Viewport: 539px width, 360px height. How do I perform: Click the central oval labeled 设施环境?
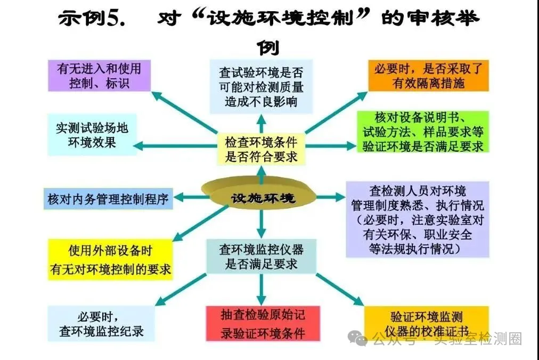(x=258, y=194)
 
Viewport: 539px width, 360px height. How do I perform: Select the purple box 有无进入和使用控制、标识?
(x=100, y=76)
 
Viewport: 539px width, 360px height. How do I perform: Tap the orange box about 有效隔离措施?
(x=428, y=76)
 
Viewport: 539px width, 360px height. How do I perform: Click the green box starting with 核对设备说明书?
(x=423, y=132)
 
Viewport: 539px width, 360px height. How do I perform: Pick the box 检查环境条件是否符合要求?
(x=262, y=150)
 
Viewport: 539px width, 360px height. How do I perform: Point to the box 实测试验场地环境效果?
(x=92, y=135)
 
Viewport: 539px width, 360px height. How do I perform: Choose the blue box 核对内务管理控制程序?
(x=108, y=199)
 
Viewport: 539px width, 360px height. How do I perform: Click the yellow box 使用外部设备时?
(x=110, y=259)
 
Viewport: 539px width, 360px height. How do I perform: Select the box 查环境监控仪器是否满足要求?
(x=262, y=257)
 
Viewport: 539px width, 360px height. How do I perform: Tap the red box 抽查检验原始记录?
(x=263, y=324)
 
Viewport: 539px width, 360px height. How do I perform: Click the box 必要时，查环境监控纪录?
(x=101, y=324)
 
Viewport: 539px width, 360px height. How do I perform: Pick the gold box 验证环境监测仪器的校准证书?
(x=426, y=323)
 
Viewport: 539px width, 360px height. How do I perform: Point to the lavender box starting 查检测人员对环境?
(x=418, y=219)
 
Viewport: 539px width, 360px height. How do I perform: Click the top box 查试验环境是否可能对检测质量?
(x=262, y=87)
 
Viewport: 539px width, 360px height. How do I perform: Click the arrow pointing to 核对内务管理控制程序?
(x=191, y=198)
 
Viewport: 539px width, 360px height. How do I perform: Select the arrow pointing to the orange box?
(x=336, y=112)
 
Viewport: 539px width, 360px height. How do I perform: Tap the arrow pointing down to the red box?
(x=262, y=290)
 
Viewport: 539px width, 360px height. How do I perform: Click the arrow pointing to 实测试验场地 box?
(x=175, y=146)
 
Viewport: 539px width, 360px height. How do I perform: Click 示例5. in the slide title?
(x=92, y=19)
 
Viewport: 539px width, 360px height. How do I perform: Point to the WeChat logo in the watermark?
(x=357, y=338)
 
